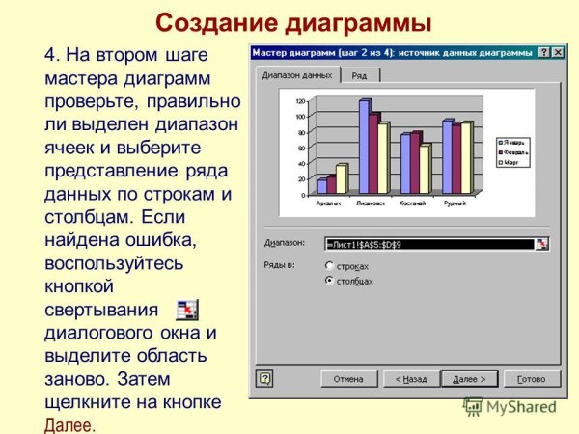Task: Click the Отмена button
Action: tap(348, 379)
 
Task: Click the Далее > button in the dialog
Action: tap(470, 379)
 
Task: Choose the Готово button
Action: tap(531, 379)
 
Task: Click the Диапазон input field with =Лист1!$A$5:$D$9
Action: tap(429, 244)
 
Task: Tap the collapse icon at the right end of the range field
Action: tap(543, 244)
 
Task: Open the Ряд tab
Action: tap(359, 75)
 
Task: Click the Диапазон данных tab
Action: tap(297, 74)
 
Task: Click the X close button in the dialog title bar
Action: tap(558, 52)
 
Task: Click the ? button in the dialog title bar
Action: tap(544, 52)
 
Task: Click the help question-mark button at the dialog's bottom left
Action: tap(264, 379)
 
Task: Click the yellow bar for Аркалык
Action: tap(341, 178)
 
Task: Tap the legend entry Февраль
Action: tap(512, 151)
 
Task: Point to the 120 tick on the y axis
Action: tap(300, 100)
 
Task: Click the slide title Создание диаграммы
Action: tap(293, 21)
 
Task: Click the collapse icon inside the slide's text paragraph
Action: tap(187, 310)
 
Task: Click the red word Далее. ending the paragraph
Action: tap(70, 424)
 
